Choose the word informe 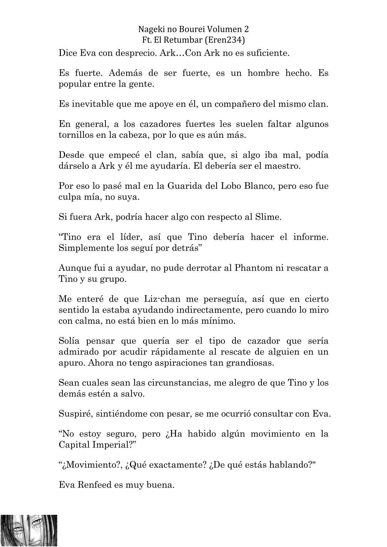(311, 237)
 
